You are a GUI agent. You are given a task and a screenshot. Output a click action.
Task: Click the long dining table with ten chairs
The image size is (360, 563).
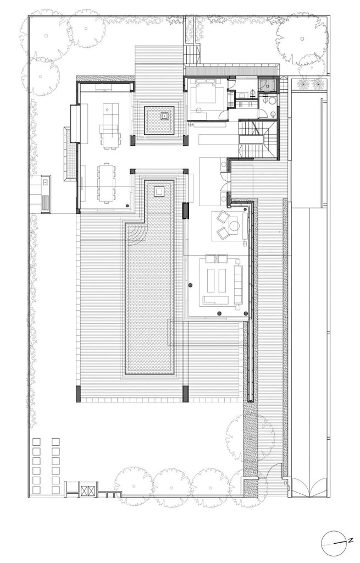tap(106, 183)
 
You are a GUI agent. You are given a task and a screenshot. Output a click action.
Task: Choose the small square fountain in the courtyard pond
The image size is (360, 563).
tap(164, 115)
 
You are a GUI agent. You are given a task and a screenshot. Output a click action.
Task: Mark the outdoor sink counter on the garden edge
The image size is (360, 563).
tap(46, 194)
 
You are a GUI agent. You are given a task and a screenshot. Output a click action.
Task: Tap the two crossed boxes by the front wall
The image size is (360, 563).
tap(88, 490)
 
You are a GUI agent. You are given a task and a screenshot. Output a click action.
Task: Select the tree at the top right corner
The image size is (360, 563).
tap(302, 40)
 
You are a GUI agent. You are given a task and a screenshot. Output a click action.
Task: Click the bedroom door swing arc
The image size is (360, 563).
tap(224, 115)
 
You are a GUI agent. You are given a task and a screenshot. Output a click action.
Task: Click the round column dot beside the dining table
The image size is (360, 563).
tap(128, 206)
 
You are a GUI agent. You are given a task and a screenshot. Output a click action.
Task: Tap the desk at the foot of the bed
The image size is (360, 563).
tap(206, 115)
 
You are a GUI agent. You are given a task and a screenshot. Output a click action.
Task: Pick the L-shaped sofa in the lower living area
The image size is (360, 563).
tap(215, 301)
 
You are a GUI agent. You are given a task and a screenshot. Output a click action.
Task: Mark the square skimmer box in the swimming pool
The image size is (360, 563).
tap(159, 191)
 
